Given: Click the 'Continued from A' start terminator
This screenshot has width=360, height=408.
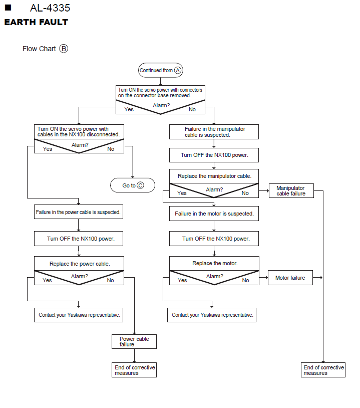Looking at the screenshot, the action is tap(160, 70).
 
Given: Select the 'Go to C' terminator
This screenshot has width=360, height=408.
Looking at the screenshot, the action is tap(133, 185).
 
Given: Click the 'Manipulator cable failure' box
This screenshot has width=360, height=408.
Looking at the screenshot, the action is tap(291, 191).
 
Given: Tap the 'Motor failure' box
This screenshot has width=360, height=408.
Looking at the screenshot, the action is tap(290, 278).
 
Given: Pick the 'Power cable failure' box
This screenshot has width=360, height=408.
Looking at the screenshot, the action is tap(134, 342).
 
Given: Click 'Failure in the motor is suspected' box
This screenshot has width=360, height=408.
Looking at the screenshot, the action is tap(214, 214).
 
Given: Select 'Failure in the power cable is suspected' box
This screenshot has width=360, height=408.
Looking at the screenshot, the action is tap(79, 212).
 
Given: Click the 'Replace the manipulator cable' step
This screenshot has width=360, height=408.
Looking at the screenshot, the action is tap(214, 176).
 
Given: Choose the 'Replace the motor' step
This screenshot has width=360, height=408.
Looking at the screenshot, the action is tap(214, 263).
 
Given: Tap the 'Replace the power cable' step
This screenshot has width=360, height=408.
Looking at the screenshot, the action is tap(79, 264).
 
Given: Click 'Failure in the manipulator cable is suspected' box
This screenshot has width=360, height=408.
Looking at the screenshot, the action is tap(214, 132).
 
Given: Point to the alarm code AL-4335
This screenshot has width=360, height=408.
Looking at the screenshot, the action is tap(50, 8).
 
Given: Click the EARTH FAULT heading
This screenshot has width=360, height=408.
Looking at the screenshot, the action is tap(36, 23).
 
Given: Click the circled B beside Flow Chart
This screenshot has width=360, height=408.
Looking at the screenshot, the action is tap(64, 49).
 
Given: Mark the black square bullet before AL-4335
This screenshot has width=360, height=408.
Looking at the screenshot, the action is tap(8, 8).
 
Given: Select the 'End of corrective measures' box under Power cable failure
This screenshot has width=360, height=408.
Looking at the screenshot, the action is tap(134, 370).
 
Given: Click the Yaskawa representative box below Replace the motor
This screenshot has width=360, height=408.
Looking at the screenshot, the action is tap(212, 315).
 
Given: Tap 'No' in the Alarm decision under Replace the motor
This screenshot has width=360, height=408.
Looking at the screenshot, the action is tap(245, 280).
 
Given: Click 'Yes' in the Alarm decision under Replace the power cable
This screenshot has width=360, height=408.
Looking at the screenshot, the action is tap(47, 280).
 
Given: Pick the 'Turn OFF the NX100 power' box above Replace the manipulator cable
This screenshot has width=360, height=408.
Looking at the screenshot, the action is tap(214, 155).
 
